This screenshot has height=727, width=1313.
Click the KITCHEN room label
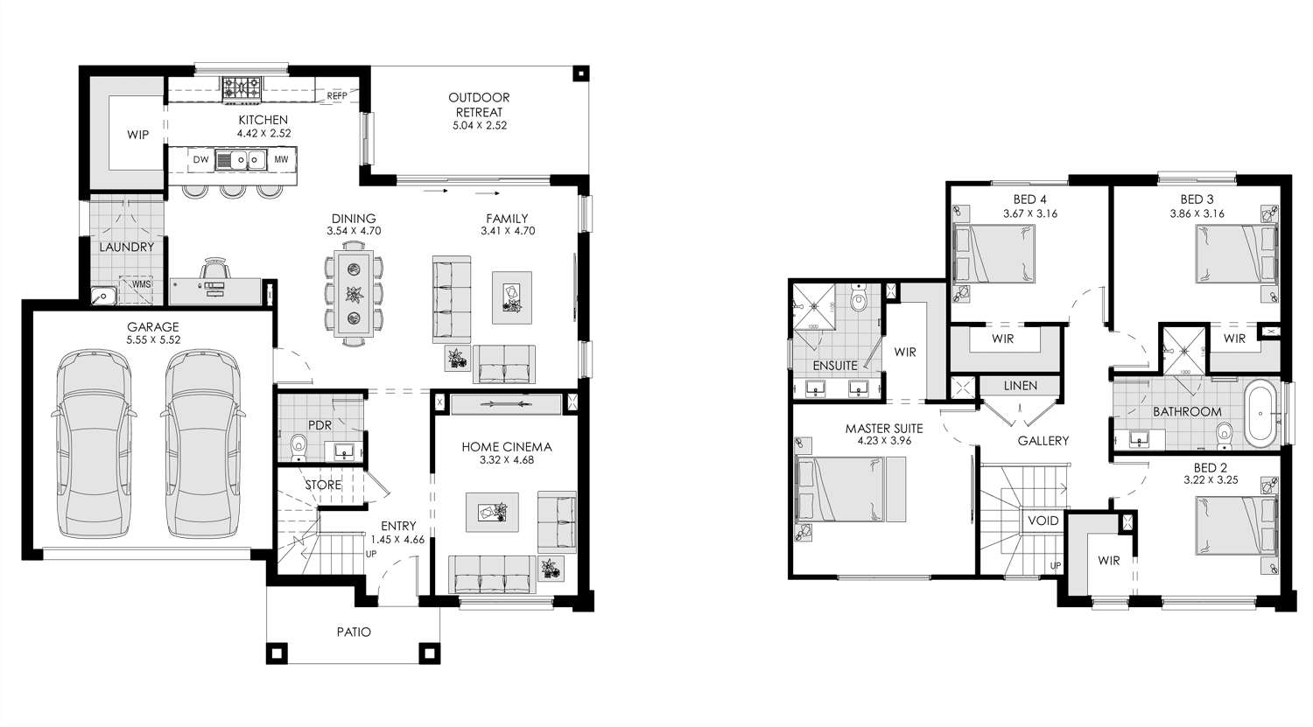(263, 120)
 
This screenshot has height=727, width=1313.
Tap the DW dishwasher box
(200, 159)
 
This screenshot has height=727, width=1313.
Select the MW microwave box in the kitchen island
(281, 159)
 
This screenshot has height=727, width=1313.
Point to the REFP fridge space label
(337, 95)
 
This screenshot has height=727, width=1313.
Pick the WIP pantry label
(137, 135)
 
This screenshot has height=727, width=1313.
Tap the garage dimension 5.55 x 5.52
(153, 339)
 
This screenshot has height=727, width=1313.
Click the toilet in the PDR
(298, 447)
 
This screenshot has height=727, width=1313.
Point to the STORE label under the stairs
(323, 485)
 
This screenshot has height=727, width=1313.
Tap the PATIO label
(354, 633)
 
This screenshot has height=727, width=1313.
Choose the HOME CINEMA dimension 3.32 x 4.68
(507, 460)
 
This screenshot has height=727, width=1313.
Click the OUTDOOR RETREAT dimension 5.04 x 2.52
(480, 125)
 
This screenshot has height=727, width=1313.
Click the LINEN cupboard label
(1021, 386)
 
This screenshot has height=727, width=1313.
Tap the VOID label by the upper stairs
(1043, 521)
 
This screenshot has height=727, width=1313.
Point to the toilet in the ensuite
(860, 299)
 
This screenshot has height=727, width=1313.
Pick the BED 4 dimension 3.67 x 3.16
(1030, 213)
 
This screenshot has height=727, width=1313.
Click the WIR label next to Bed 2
(1108, 561)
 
